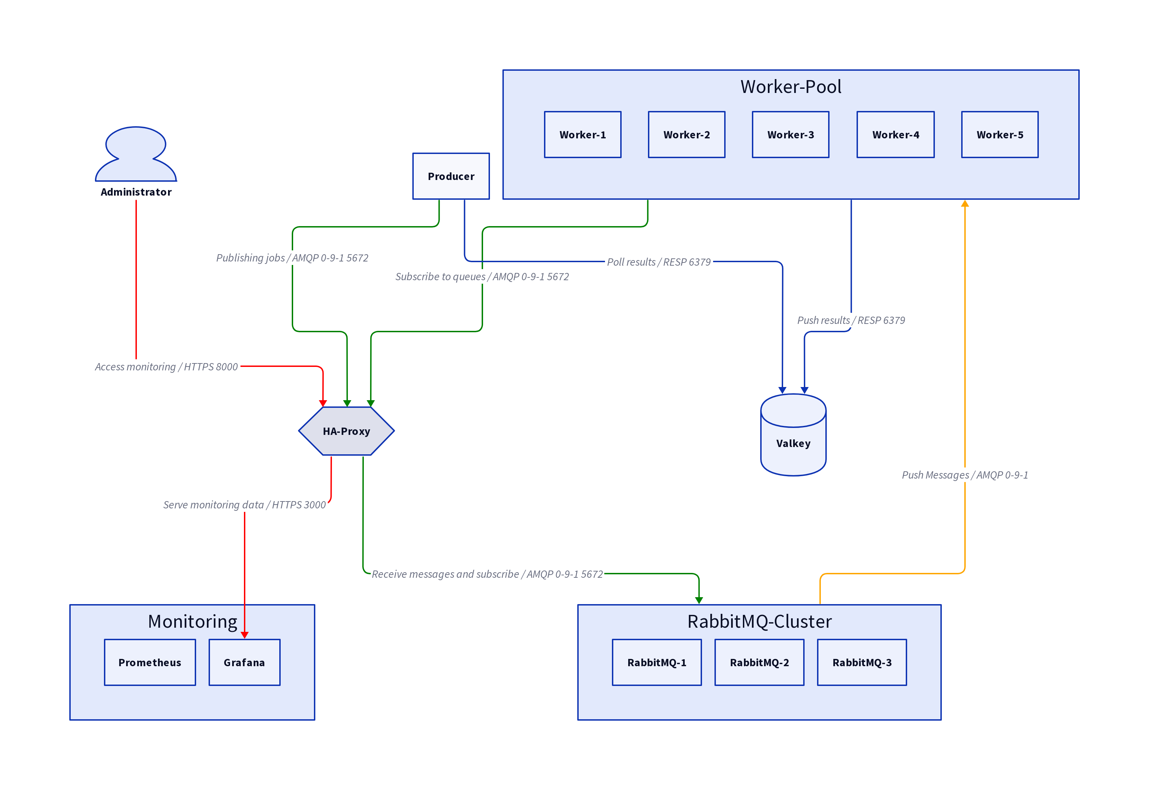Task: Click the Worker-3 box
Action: click(790, 135)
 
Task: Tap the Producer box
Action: click(450, 176)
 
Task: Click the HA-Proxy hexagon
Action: click(346, 431)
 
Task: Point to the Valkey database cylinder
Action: click(793, 436)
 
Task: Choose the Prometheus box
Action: click(150, 662)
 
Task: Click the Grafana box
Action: click(244, 662)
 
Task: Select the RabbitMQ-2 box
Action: click(759, 662)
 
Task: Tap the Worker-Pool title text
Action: click(790, 87)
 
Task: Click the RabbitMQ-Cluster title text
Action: click(759, 621)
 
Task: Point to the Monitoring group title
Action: click(192, 621)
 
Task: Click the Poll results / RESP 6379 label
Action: click(658, 262)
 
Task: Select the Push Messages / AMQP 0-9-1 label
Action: click(965, 475)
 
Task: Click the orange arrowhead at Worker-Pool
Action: click(965, 204)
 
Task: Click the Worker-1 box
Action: click(582, 135)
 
